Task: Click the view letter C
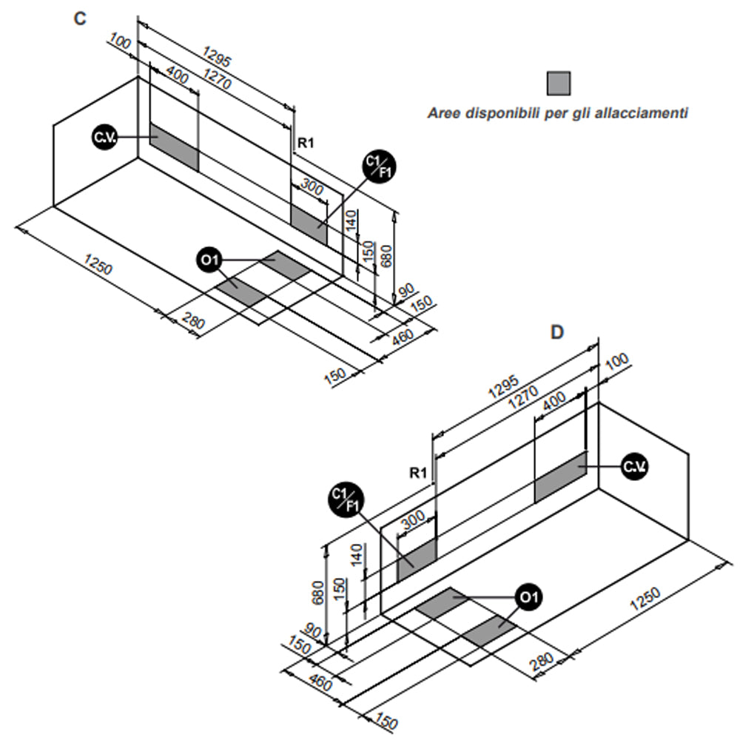[80, 19]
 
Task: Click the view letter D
[556, 332]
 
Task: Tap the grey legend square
[559, 83]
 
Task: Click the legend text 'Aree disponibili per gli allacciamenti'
[559, 114]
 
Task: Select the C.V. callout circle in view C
[104, 138]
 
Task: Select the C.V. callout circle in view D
[633, 467]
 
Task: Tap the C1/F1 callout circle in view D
[346, 499]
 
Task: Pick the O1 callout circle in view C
[209, 260]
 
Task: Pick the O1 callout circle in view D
[528, 596]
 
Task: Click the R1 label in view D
[419, 471]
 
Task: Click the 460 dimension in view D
[320, 684]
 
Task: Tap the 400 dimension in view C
[178, 75]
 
